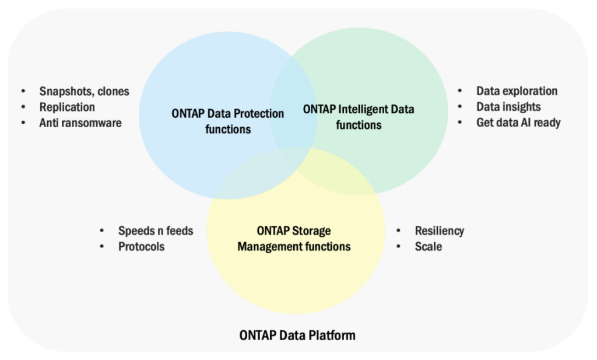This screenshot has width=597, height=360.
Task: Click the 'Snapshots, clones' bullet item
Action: (84, 92)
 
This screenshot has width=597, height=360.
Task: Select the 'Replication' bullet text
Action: (67, 107)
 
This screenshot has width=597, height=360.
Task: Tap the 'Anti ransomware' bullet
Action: (80, 123)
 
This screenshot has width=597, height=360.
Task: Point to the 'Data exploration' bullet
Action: (517, 91)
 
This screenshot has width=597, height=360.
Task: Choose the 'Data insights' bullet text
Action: (508, 107)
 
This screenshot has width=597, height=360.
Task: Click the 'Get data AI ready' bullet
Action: (518, 123)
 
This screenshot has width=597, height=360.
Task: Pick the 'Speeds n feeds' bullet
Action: (155, 231)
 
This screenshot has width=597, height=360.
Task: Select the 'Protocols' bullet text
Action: (141, 247)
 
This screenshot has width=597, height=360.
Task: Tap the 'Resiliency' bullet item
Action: (440, 231)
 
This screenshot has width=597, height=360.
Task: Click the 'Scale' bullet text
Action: (429, 247)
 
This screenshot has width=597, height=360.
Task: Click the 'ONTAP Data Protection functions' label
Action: (228, 121)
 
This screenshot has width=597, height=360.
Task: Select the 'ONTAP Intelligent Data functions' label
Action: (359, 117)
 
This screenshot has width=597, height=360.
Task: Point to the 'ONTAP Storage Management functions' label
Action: (294, 239)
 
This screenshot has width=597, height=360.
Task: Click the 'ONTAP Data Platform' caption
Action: (297, 335)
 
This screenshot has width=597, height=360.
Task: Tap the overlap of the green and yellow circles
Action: (338, 169)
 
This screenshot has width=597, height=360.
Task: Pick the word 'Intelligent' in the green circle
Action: (361, 109)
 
